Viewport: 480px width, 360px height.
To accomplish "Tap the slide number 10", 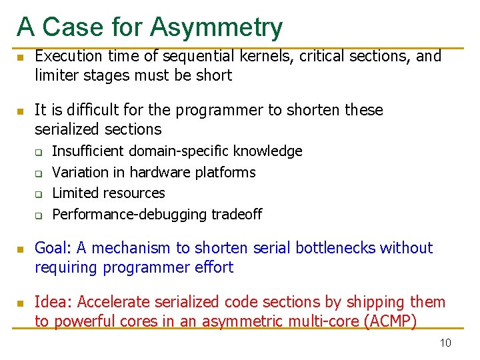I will (x=445, y=343).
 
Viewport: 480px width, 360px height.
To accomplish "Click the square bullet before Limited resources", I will (x=39, y=195).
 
